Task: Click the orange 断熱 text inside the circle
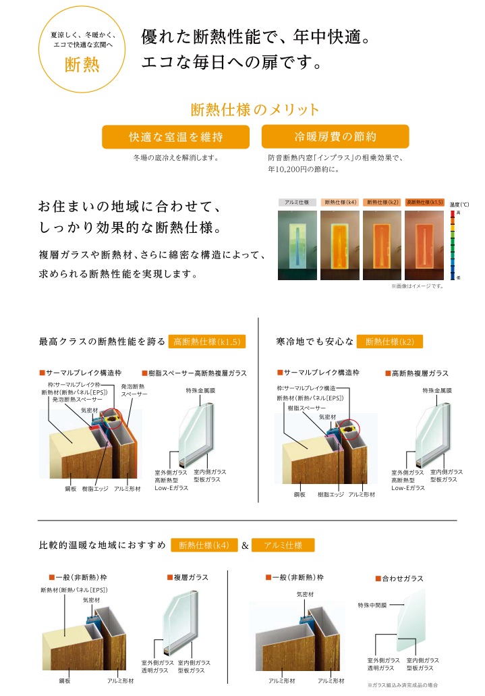point(82,65)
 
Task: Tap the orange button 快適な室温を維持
point(175,137)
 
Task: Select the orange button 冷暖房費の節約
point(335,136)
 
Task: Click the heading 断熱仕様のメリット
point(255,109)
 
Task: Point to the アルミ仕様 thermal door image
point(297,245)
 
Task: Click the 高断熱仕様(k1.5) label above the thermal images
point(425,203)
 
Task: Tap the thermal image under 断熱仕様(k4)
point(340,245)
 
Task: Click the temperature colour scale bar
point(453,245)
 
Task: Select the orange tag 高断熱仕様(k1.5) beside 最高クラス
point(207,342)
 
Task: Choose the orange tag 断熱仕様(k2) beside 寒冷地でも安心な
point(390,342)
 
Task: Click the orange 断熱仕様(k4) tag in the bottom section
point(204,545)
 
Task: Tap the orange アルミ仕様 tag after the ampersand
point(283,545)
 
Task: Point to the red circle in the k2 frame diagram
point(348,429)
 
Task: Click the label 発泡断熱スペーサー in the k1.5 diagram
point(77,400)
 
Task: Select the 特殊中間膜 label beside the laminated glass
point(372,605)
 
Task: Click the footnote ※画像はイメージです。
point(417,286)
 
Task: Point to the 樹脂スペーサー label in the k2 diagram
point(307,408)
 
